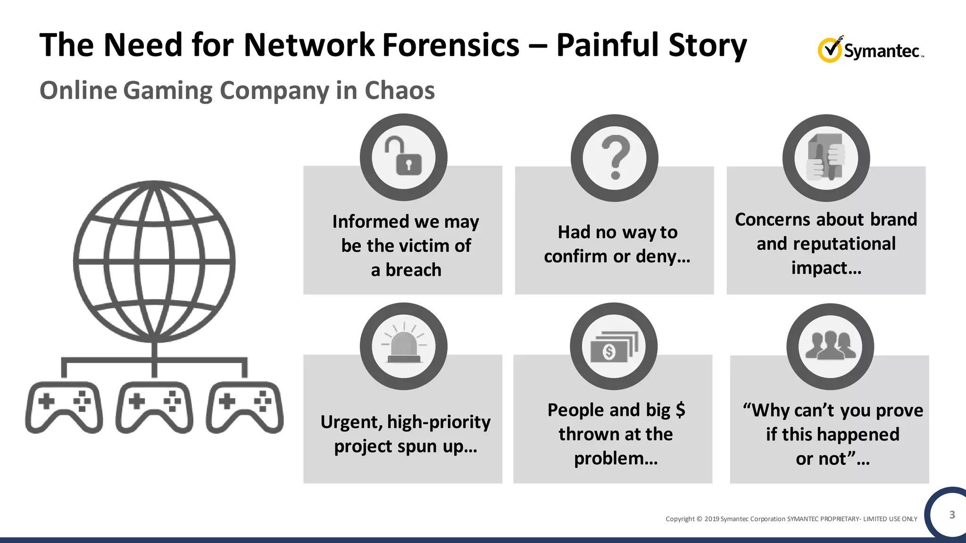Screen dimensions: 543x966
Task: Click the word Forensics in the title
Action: click(450, 45)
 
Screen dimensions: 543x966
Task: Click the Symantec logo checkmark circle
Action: click(829, 50)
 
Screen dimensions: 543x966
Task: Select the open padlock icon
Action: click(403, 157)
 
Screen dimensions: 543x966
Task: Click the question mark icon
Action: click(615, 157)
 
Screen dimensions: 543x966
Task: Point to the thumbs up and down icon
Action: click(826, 157)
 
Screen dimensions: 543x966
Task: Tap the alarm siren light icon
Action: click(403, 346)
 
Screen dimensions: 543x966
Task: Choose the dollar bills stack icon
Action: click(613, 347)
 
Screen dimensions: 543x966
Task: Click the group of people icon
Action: click(830, 346)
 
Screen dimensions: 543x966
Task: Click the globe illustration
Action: click(154, 262)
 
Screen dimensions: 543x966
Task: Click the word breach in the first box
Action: click(413, 270)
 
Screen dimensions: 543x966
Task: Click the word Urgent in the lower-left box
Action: click(350, 422)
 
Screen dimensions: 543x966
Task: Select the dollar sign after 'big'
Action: click(680, 410)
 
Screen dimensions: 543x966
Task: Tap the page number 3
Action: click(952, 515)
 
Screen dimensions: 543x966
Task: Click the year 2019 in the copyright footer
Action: click(712, 519)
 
